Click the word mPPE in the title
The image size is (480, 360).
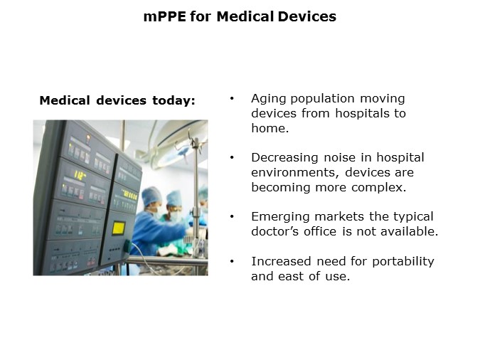coord(163,16)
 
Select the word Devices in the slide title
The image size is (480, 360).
coord(306,16)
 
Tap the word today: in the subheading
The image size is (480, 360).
coord(174,101)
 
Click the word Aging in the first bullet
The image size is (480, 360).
coord(269,98)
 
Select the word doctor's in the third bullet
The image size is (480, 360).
coord(278,231)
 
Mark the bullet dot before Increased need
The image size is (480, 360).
coord(232,261)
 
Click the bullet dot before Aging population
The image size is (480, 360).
coord(232,98)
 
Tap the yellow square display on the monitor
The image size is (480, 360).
coord(119,228)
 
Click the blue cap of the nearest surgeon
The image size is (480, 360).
coord(151,193)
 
